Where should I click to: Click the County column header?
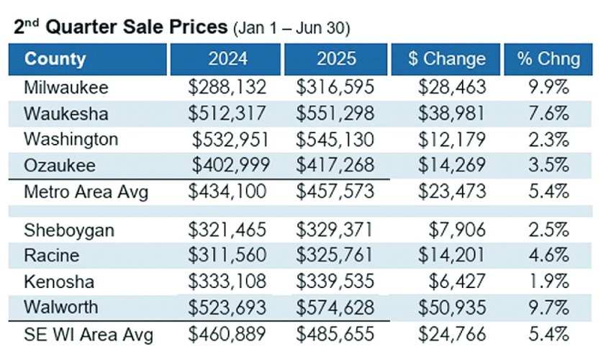[55, 59]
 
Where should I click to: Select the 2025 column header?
[335, 59]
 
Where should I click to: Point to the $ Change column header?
[446, 59]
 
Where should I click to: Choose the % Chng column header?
[548, 59]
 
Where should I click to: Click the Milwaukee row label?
[65, 87]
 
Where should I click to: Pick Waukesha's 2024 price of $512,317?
[227, 113]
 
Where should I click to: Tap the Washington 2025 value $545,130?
[335, 139]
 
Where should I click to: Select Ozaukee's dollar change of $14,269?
[452, 165]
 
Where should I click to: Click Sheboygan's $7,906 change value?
[458, 230]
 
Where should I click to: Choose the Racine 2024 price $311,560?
[227, 256]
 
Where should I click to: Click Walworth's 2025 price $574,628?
[335, 308]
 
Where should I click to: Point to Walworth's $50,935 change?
[452, 308]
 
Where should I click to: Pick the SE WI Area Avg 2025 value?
[335, 335]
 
